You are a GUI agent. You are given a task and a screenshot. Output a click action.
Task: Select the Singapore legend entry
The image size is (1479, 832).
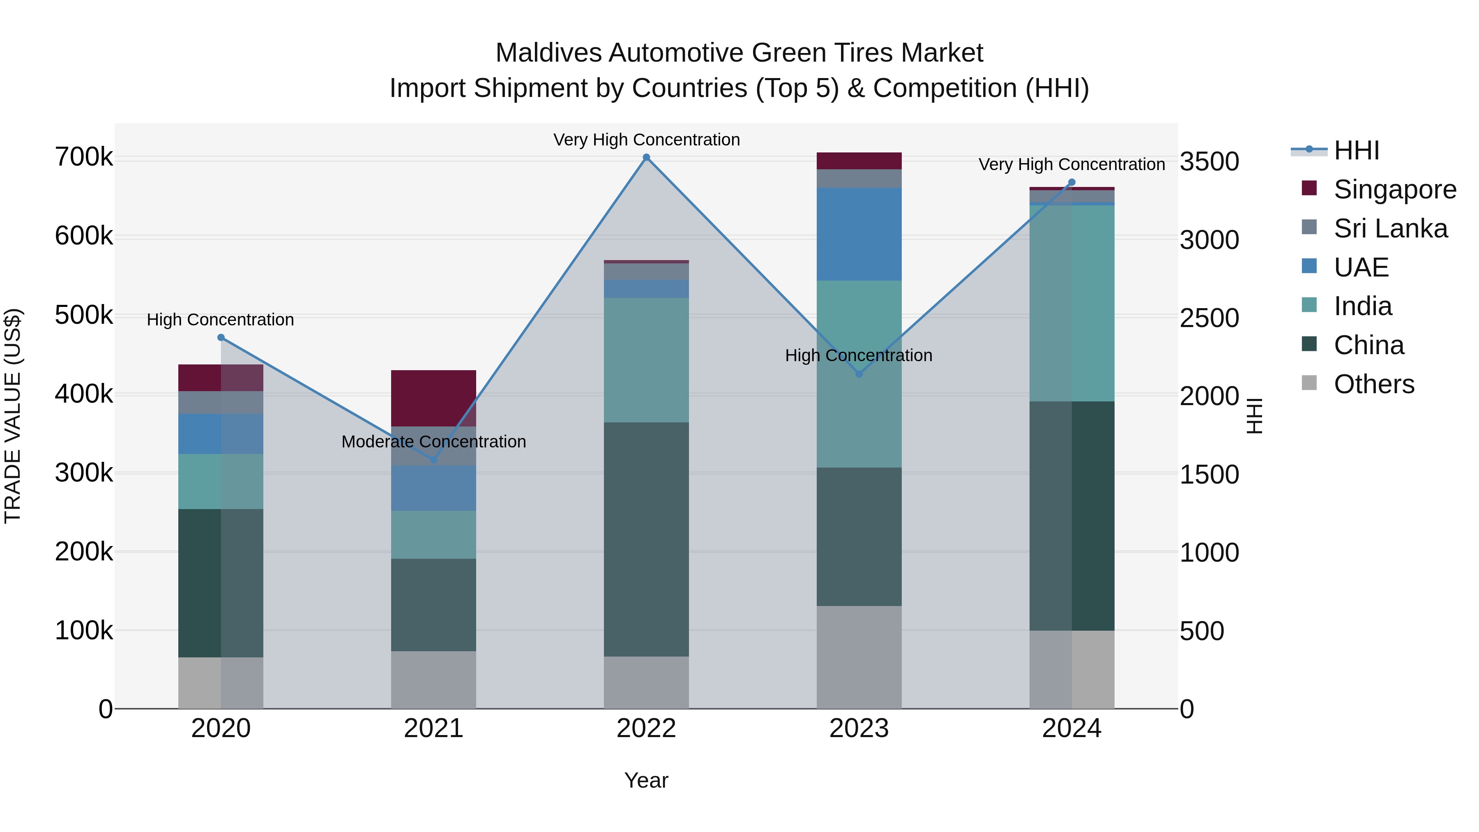click(1394, 189)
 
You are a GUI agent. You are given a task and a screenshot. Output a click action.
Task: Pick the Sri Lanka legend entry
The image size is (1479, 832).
click(1389, 228)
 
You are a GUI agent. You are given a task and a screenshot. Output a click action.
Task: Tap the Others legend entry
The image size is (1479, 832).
click(1373, 384)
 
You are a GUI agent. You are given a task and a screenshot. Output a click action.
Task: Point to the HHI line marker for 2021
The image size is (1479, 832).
click(433, 460)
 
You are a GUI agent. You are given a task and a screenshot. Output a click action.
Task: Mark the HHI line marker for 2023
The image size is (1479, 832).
click(859, 374)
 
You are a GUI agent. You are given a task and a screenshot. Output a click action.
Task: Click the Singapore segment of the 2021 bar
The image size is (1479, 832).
click(433, 398)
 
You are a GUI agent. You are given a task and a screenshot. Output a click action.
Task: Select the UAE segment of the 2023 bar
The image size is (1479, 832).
click(859, 234)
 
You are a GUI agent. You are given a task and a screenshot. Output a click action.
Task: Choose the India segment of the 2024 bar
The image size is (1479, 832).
click(1071, 303)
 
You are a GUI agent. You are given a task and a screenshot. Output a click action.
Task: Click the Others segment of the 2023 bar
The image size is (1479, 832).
click(859, 657)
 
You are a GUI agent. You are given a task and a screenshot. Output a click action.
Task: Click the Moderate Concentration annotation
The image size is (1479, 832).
click(433, 442)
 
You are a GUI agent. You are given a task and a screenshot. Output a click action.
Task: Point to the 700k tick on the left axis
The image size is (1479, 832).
click(84, 157)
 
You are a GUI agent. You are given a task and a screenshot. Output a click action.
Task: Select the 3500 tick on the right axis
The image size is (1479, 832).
click(1209, 161)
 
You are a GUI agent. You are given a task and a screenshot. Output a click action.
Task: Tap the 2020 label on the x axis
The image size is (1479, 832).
click(221, 728)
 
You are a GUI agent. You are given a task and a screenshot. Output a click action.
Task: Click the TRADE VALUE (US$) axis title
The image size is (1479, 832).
click(13, 416)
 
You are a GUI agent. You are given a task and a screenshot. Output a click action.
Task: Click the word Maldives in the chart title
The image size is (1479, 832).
click(548, 53)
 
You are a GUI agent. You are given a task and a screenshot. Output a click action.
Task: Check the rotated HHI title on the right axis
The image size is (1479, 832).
click(1255, 416)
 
